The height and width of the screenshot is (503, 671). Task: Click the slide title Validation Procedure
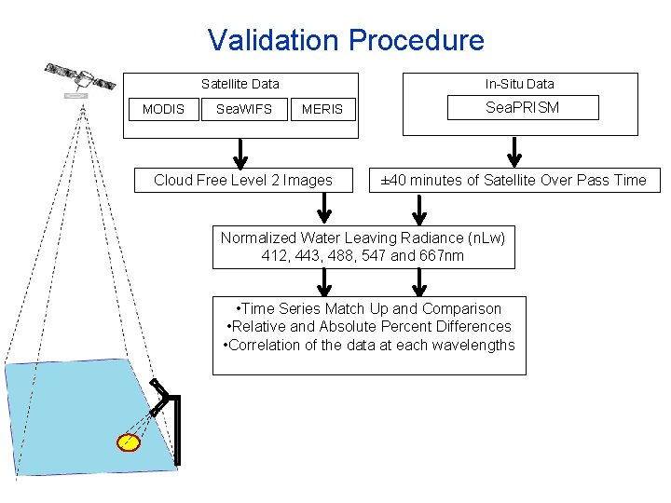coord(346,40)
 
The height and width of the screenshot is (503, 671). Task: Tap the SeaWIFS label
coord(244,109)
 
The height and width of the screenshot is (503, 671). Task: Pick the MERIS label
coord(322,109)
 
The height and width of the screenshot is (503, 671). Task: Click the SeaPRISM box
coord(522,108)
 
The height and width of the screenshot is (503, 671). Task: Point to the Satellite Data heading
coord(240,84)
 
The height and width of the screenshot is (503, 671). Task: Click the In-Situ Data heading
coord(519,84)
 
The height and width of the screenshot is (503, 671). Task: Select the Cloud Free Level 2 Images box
coord(242,180)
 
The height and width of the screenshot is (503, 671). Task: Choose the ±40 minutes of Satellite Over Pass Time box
coord(514,180)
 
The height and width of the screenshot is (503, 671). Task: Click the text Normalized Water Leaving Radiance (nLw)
coord(363,238)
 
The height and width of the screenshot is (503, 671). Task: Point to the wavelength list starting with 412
coord(363,255)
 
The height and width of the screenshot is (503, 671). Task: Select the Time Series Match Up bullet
coord(369,308)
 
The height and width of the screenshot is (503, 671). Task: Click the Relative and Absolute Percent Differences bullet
coord(369,326)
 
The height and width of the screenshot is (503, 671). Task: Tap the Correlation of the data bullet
coord(369,345)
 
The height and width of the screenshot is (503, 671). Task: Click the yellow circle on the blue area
coord(128,442)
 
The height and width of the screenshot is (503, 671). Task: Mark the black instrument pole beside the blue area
coord(176,428)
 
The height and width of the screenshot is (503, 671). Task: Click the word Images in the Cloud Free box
coord(308,180)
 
